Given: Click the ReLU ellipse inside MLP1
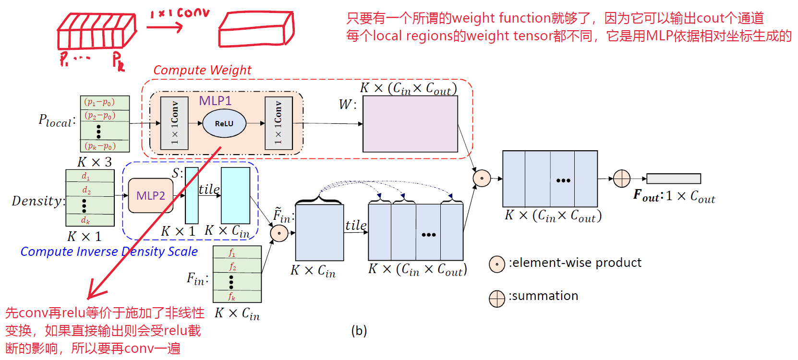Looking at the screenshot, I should coord(224,123).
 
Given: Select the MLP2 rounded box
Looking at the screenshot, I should coord(151,195).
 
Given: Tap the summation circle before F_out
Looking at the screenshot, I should coord(622,179).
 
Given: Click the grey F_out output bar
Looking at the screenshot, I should coord(673,179).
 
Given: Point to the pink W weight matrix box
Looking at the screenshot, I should coord(410,124).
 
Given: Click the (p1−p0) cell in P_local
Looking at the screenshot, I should coord(100,102).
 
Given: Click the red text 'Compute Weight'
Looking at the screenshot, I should coord(202,70).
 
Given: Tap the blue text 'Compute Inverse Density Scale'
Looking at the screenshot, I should coord(109,252).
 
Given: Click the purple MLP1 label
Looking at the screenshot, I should coord(215,101).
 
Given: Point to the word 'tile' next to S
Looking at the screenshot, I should coord(209,189).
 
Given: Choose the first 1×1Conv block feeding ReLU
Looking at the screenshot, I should coord(174,123).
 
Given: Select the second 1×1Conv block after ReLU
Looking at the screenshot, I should coord(278,123).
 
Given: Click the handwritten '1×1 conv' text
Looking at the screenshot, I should coord(180,13).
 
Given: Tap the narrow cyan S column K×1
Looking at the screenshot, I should coord(192,195).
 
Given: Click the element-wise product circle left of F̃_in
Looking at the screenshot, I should coord(279,233).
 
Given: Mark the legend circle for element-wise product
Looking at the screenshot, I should coord(497,264).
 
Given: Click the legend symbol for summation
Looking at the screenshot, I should coord(497,299).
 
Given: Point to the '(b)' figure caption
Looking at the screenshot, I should coord(359,331).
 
